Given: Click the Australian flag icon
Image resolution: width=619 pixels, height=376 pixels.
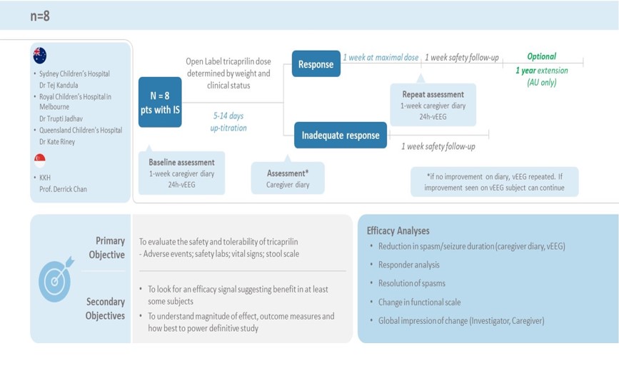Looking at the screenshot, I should (40, 56).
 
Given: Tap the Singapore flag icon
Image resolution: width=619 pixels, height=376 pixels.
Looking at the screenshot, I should (40, 160).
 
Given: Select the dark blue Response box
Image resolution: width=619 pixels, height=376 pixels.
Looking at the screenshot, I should (316, 64).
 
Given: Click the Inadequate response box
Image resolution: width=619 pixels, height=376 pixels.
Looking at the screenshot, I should (341, 136).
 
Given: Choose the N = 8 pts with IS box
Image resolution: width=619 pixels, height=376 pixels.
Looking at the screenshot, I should (160, 101).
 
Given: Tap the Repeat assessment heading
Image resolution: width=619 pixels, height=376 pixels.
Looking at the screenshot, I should (433, 94).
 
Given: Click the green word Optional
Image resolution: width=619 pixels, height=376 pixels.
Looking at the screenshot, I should (541, 56).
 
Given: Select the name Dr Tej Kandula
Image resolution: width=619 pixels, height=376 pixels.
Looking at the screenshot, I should (63, 85).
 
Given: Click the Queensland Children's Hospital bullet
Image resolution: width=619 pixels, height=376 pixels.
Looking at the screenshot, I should (81, 131).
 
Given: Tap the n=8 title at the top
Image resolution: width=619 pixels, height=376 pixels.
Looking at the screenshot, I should (41, 15).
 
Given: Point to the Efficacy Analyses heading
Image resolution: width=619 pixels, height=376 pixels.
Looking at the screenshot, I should (398, 230).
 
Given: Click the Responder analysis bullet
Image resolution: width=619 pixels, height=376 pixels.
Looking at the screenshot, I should (410, 264).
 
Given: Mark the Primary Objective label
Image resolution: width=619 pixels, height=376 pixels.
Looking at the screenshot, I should (107, 248).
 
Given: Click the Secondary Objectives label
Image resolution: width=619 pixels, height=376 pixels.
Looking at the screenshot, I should (105, 309).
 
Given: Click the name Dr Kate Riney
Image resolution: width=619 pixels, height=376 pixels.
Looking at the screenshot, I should (57, 141).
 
